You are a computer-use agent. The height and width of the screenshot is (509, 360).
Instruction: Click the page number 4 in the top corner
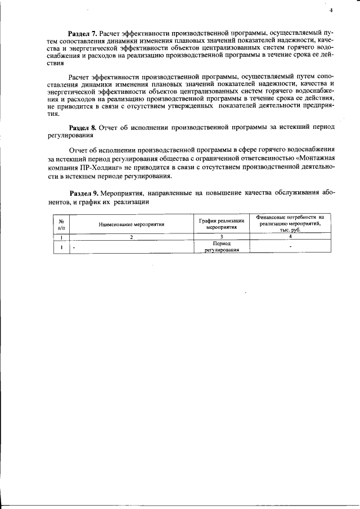331,10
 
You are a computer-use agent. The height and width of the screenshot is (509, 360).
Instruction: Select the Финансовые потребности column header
290,223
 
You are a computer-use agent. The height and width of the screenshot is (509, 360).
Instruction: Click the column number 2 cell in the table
131,237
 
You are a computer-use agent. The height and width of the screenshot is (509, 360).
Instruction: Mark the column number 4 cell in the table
290,237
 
